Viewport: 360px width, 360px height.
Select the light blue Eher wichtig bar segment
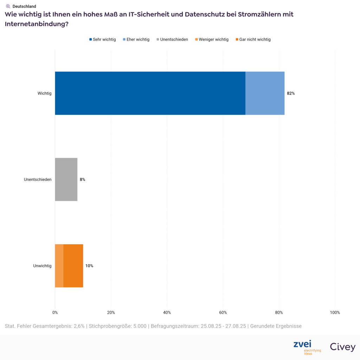(x=265, y=93)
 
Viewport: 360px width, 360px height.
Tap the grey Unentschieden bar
(x=66, y=179)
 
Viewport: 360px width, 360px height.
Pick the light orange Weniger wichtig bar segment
(x=59, y=265)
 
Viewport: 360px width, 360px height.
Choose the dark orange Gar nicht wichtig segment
(x=73, y=265)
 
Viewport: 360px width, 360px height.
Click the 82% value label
(x=291, y=94)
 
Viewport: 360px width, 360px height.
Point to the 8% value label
(x=83, y=180)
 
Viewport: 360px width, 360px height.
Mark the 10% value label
(x=89, y=266)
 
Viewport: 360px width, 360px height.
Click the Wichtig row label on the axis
(x=45, y=94)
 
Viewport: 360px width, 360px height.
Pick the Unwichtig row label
(x=42, y=266)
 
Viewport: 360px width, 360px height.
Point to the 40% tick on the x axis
(x=167, y=313)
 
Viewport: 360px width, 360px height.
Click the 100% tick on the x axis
(x=335, y=313)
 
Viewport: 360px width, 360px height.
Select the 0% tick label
(x=55, y=313)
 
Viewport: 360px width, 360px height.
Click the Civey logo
(x=342, y=347)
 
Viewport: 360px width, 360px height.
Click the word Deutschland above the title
(x=24, y=6)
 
